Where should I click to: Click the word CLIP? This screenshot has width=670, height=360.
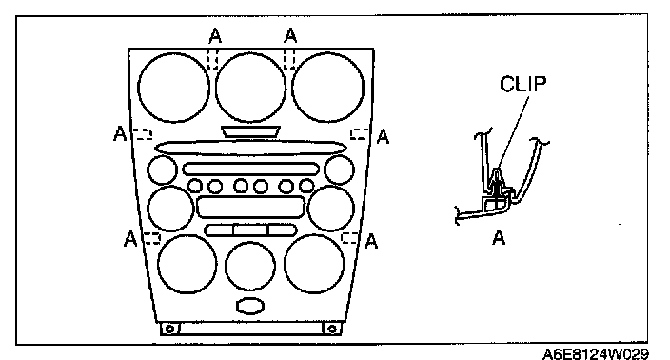pos(522,84)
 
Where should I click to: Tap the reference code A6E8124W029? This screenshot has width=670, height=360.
pos(595,354)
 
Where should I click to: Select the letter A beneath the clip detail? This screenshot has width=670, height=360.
pos(499,237)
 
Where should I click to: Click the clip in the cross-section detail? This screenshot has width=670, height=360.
pos(497,183)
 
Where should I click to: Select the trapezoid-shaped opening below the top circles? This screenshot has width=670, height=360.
pos(250,131)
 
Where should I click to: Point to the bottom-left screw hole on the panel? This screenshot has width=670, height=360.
pos(169,329)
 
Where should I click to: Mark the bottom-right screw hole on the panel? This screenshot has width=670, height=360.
pos(331,329)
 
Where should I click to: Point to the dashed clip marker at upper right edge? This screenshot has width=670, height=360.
pos(360,134)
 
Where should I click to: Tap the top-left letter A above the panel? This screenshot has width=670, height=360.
pos(215,36)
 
